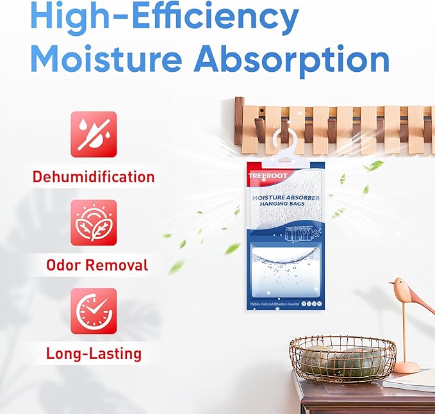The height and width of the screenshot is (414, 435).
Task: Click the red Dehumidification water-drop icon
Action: pyautogui.click(x=94, y=134)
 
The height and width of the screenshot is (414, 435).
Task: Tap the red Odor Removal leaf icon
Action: pyautogui.click(x=94, y=222)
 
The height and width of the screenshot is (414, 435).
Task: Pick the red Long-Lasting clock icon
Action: pyautogui.click(x=94, y=311)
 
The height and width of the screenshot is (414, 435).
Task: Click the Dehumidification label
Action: pyautogui.click(x=94, y=176)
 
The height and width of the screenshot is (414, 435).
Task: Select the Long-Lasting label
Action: pyautogui.click(x=94, y=352)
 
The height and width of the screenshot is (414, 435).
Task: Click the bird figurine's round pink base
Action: pyautogui.click(x=406, y=367)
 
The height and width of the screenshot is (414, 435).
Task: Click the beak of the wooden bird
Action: pyautogui.click(x=391, y=283)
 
